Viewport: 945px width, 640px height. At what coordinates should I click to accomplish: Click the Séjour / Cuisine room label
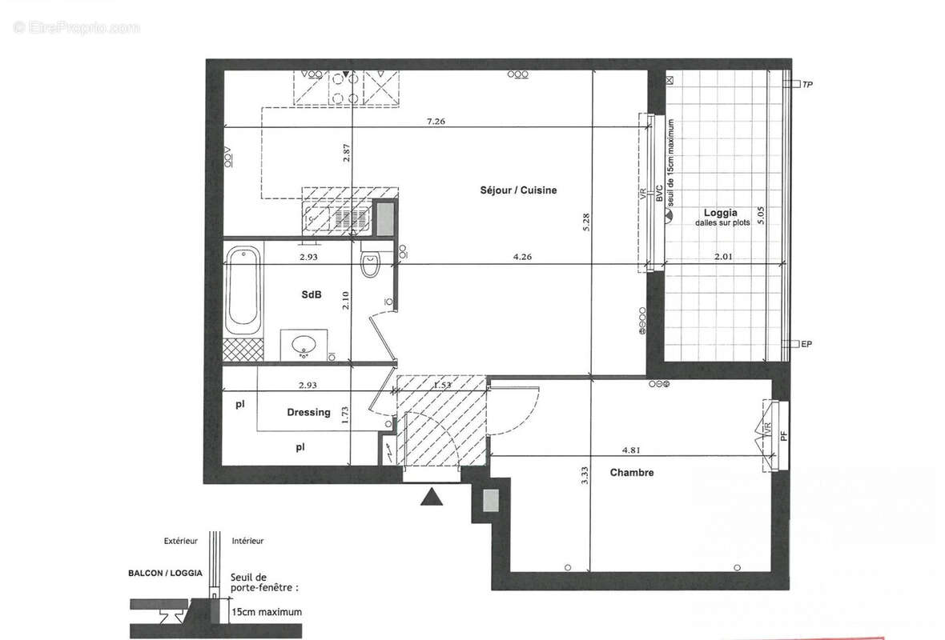coord(518,190)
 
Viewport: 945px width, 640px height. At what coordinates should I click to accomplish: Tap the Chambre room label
coord(632,473)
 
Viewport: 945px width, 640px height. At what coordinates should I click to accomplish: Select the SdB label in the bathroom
coord(312,295)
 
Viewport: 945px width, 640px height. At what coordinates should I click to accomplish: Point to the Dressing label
coord(308,413)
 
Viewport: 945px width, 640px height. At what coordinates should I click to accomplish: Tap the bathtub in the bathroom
coord(243,292)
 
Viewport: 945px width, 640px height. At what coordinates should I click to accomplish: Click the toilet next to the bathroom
coord(371,264)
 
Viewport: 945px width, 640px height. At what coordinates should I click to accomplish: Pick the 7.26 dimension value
coord(436,122)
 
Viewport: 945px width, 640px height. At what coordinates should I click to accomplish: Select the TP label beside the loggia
coord(807,84)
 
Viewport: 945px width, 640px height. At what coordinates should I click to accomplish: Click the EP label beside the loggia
coord(807,345)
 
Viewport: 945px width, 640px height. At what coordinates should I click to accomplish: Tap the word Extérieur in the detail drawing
coord(181,542)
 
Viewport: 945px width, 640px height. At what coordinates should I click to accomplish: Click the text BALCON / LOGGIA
coord(165,574)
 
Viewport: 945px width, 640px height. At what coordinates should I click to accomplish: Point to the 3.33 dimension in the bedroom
coord(585,477)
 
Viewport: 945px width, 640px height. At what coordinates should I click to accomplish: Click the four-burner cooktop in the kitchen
coord(345,88)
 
